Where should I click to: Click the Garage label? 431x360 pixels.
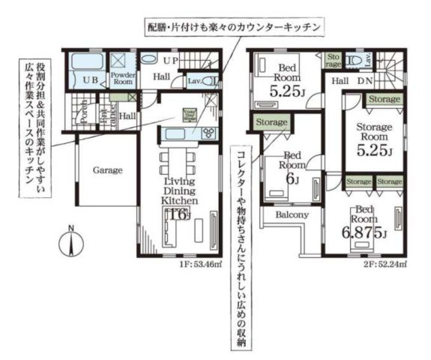point(108,170)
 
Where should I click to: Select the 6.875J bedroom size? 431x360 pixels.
point(364,231)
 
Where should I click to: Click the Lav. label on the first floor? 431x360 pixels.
point(193,80)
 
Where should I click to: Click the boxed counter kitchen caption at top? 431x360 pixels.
point(235,26)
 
